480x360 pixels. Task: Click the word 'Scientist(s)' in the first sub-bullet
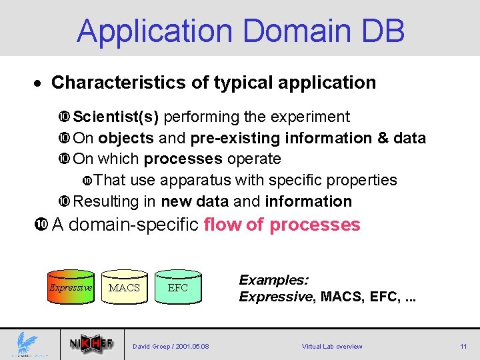point(115,117)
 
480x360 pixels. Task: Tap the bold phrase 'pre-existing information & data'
point(308,139)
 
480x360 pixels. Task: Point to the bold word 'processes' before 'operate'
point(183,159)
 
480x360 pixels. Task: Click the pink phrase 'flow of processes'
point(282,225)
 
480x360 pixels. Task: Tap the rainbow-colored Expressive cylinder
point(71,287)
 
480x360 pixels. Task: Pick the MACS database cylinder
point(124,287)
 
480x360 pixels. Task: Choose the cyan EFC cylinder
point(178,287)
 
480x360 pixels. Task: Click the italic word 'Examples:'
point(273,280)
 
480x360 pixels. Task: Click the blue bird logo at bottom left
point(27,343)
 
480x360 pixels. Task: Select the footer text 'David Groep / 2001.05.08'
point(171,347)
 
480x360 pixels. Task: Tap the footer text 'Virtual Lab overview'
point(332,347)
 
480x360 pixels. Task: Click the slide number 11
point(463,347)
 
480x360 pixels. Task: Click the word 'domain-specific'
point(134,225)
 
